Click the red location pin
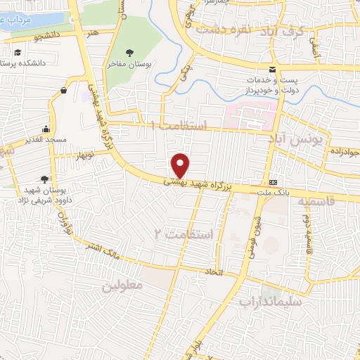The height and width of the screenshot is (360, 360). click(x=181, y=165)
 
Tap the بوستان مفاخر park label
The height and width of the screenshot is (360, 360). click(x=130, y=64)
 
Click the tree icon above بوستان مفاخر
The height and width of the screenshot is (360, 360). click(x=129, y=53)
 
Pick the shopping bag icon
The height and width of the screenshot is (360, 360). click(x=64, y=90)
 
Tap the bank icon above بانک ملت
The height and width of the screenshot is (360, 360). click(x=273, y=181)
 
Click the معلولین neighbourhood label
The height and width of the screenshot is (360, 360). click(x=122, y=285)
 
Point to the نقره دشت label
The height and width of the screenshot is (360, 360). click(x=224, y=30)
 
